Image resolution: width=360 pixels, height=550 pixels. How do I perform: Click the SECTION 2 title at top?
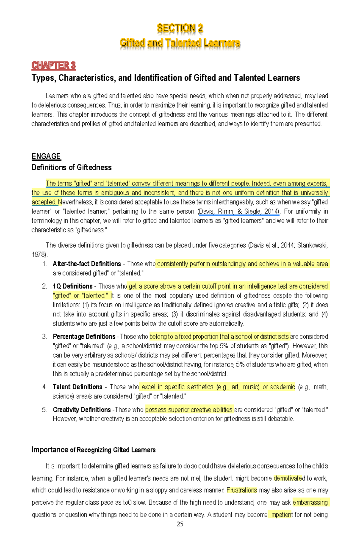click(180, 28)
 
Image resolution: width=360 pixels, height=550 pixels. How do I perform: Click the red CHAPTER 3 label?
click(53, 65)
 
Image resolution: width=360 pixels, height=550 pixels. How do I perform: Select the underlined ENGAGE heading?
click(46, 156)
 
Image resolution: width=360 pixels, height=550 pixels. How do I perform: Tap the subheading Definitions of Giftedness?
click(71, 167)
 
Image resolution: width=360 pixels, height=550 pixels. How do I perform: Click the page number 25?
click(180, 524)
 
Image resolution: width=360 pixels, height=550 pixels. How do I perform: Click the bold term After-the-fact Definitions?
click(87, 264)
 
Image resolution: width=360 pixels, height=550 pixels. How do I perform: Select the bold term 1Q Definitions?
click(72, 286)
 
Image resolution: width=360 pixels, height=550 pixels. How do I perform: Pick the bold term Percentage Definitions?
click(84, 337)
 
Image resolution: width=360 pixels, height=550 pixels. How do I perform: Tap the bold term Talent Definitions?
click(77, 387)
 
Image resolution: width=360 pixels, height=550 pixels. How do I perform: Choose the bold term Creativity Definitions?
click(82, 410)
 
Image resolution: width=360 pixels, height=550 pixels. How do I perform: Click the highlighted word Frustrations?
click(241, 490)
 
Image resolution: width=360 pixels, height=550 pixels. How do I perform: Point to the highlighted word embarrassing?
click(310, 502)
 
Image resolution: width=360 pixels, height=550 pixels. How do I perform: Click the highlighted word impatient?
click(280, 515)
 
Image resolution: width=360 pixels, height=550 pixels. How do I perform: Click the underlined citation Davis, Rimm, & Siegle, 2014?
click(239, 211)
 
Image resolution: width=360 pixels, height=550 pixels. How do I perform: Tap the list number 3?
click(44, 337)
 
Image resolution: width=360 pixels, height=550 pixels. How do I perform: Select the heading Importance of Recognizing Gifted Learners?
click(93, 450)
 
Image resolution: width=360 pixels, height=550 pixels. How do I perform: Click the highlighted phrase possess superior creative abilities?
click(189, 410)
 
